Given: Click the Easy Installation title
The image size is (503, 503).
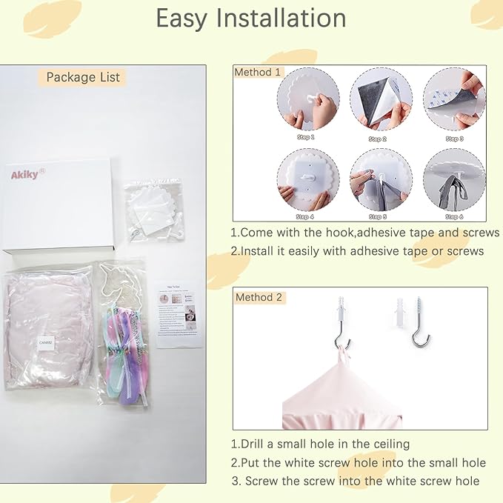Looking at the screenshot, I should pos(251,19).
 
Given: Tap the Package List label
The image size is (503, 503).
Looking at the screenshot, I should pos(83,77).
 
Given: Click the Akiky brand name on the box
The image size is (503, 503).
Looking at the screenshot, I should pos(27,175).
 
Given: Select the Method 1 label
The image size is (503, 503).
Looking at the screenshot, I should pos(258,72).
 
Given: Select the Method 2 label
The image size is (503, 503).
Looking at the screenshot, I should pos(259,297).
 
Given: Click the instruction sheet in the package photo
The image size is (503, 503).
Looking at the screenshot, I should pos(179,313).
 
